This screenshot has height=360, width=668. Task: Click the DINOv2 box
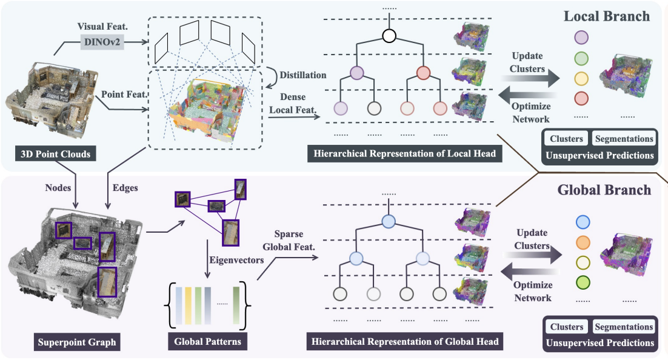pyautogui.click(x=102, y=42)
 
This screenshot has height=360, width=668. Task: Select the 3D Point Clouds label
pyautogui.click(x=55, y=154)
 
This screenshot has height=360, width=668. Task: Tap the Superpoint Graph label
pyautogui.click(x=77, y=342)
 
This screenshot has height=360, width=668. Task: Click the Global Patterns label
pyautogui.click(x=207, y=342)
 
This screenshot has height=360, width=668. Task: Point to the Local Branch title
pyautogui.click(x=607, y=16)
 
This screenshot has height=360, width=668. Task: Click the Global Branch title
pyautogui.click(x=604, y=190)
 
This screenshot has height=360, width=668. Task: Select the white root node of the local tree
pyautogui.click(x=389, y=35)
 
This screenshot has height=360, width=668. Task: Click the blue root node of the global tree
pyautogui.click(x=389, y=221)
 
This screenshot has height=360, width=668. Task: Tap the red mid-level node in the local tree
pyautogui.click(x=423, y=73)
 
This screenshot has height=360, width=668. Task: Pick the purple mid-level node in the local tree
pyautogui.click(x=357, y=73)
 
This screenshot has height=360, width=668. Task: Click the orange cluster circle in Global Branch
pyautogui.click(x=583, y=242)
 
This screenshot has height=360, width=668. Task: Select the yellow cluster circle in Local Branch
pyautogui.click(x=581, y=79)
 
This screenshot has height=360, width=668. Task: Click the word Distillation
pyautogui.click(x=303, y=75)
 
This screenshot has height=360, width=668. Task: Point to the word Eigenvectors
pyautogui.click(x=236, y=260)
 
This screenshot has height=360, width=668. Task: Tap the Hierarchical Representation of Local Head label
pyautogui.click(x=405, y=154)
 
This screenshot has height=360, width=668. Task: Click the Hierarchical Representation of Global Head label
pyautogui.click(x=405, y=342)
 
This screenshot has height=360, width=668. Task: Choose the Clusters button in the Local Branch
pyautogui.click(x=566, y=139)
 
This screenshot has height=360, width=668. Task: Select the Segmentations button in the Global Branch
pyautogui.click(x=624, y=327)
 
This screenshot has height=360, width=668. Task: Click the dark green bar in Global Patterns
pyautogui.click(x=236, y=305)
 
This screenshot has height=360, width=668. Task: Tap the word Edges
pyautogui.click(x=125, y=188)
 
